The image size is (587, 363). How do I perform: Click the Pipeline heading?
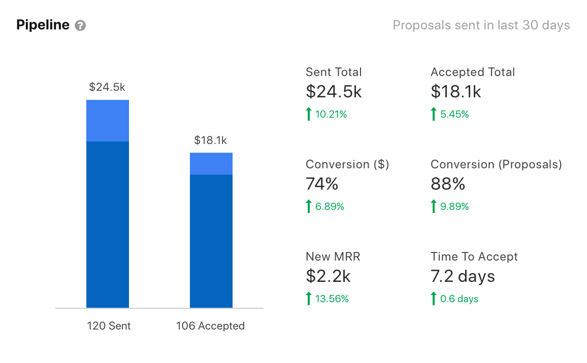43,25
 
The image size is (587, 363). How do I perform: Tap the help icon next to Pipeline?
80,25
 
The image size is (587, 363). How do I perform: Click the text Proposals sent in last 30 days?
481,25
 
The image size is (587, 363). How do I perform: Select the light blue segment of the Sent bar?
108,121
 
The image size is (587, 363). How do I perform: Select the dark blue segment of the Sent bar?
108,224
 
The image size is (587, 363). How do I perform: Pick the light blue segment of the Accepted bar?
211,164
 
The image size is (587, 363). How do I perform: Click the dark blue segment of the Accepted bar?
211,241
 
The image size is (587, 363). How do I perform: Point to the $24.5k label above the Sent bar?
107,87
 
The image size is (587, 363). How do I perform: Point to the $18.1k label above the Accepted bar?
210,140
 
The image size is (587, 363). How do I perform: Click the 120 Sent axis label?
108,326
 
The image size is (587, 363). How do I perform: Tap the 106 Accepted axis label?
210,326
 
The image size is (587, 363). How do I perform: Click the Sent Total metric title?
334,72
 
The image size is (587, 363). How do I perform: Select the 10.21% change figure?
331,115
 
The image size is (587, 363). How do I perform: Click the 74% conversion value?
322,184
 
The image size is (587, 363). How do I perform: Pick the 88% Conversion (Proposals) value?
448,184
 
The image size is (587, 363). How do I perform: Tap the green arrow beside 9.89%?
433,206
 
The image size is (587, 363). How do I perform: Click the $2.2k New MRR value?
328,276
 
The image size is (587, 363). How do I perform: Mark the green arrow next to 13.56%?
308,299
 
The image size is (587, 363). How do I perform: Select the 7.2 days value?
463,276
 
